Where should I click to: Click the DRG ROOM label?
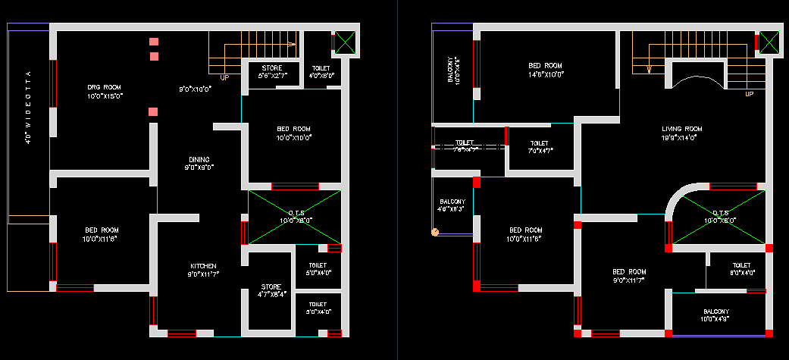pos(105,88)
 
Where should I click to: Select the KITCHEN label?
pos(203,266)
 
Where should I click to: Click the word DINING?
pos(199,159)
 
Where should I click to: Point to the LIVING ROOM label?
pos(681,130)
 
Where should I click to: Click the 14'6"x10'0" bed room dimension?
pos(545,74)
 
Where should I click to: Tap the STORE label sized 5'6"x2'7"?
pos(271,69)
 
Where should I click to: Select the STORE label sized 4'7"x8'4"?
pos(271,286)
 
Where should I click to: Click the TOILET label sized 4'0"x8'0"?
pos(321,68)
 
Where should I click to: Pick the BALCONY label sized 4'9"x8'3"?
pos(452,202)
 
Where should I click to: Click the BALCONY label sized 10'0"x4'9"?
pos(715,311)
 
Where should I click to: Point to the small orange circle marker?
pos(435,232)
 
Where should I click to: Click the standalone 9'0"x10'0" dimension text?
pos(195,89)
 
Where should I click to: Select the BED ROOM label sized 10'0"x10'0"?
pos(293,129)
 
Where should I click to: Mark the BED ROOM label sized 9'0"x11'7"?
pos(629,271)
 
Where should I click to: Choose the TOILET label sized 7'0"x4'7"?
pos(539,142)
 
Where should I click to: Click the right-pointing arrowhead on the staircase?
pos(292,45)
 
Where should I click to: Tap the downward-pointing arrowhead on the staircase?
pos(649,70)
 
